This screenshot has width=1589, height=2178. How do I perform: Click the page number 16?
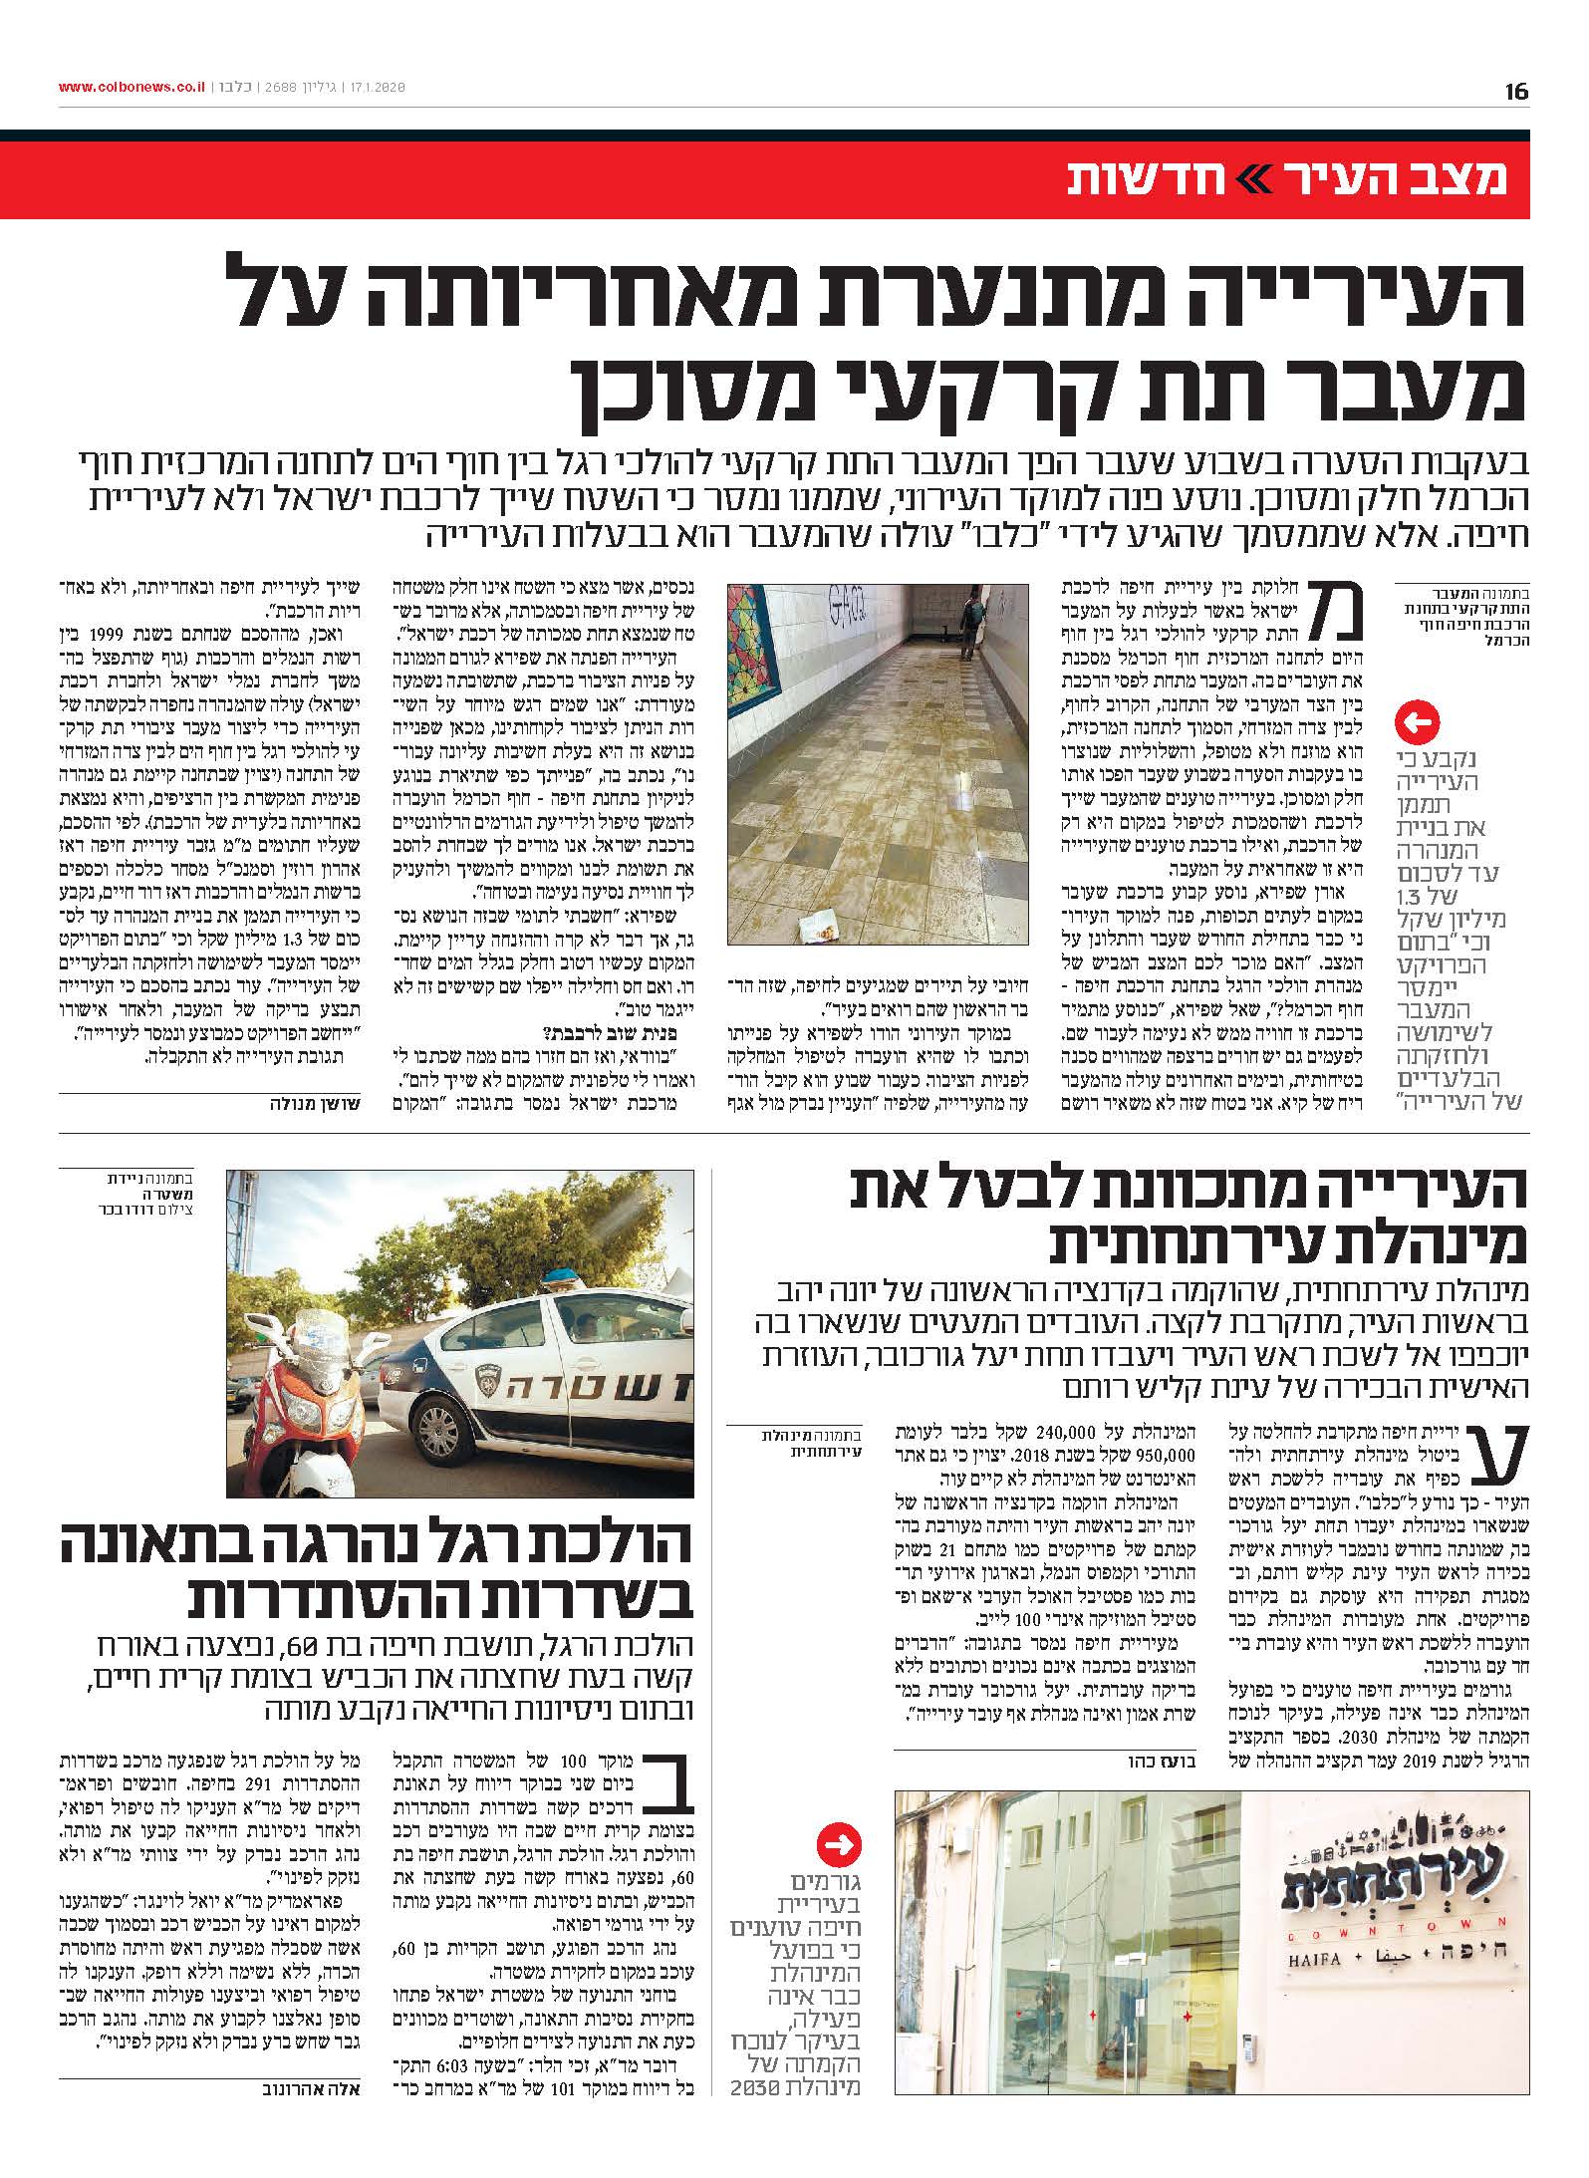pyautogui.click(x=1516, y=92)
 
